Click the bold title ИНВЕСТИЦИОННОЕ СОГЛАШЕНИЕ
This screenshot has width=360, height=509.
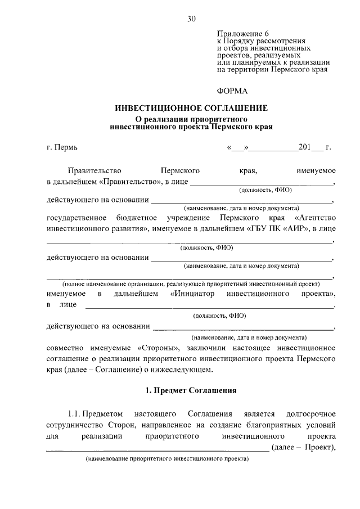coord(191,108)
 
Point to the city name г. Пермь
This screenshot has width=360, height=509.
coord(62,148)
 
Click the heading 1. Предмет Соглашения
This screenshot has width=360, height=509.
coord(191,390)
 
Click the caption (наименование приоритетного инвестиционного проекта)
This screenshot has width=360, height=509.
coord(166,459)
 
